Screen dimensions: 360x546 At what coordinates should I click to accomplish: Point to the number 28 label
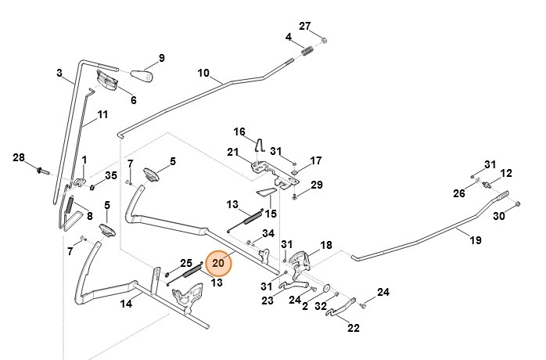point(19,158)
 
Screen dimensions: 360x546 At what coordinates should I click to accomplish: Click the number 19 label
point(475,241)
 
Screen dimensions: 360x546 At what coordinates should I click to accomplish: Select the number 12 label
point(506,173)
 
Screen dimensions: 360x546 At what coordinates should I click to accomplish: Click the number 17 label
point(315,160)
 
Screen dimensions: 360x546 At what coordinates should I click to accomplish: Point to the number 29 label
point(316,185)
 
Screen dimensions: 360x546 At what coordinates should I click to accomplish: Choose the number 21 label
point(232,151)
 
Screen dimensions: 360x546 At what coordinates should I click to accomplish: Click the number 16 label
point(239,131)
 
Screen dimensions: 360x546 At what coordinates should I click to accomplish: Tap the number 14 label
point(126,304)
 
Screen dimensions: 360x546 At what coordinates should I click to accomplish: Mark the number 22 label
point(353,327)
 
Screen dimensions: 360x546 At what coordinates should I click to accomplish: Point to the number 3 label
point(59,73)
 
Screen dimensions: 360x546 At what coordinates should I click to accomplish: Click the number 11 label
point(102,115)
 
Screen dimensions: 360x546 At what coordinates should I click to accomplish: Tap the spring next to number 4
point(307,52)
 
